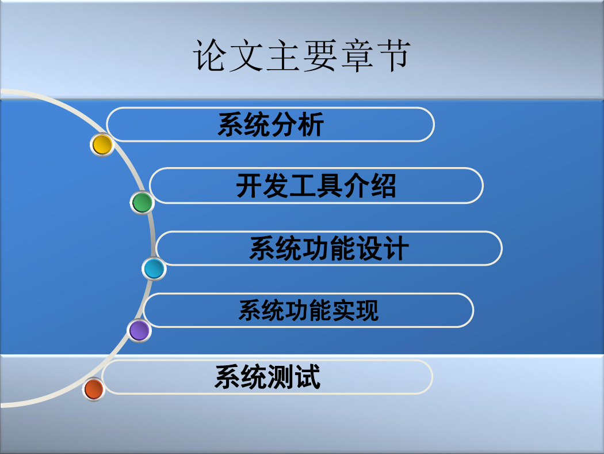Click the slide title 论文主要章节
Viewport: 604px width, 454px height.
[302, 55]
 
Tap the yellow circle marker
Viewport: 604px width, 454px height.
[102, 145]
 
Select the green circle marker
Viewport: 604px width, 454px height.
[142, 202]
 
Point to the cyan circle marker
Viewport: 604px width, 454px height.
[154, 269]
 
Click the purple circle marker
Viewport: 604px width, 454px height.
[139, 331]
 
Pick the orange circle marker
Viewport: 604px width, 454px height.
[94, 389]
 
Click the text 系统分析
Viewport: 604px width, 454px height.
[271, 124]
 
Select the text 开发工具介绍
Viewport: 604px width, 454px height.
[316, 186]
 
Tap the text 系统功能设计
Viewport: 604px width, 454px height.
[329, 248]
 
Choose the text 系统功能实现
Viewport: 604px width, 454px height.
[308, 311]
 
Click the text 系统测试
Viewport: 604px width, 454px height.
[267, 377]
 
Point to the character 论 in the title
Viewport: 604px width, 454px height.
[209, 56]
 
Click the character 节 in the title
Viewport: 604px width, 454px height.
[394, 56]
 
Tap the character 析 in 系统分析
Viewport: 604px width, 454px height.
[311, 124]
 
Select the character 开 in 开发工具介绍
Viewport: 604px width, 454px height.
[249, 186]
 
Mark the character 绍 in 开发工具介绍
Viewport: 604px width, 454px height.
[383, 186]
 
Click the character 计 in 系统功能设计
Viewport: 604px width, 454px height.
[396, 248]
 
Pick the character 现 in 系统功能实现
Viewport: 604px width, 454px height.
[367, 311]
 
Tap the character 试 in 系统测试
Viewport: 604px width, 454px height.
[307, 377]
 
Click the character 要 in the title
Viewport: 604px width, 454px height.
[319, 56]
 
